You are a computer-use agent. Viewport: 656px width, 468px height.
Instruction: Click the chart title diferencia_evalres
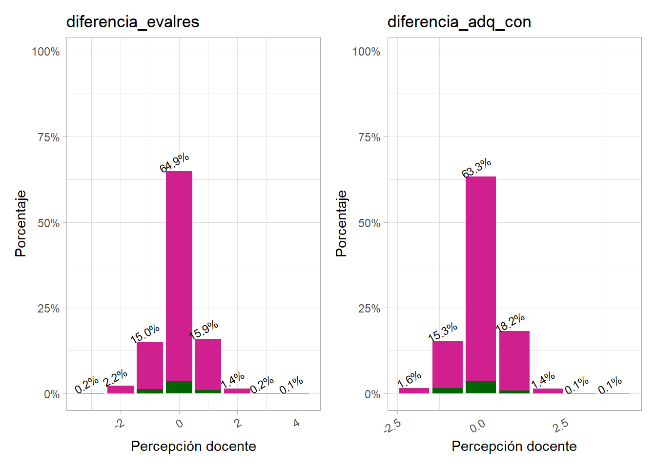tap(133, 22)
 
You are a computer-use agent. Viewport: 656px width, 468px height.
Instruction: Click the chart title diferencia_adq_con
tap(459, 22)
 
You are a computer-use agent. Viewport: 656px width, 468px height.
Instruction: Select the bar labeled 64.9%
tap(179, 273)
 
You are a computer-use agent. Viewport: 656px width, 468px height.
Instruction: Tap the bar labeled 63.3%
tap(481, 278)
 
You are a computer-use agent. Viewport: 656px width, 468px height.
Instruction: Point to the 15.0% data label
tap(145, 332)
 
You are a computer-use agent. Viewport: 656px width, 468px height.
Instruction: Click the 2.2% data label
tap(116, 378)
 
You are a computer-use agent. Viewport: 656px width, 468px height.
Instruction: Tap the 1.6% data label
tap(410, 379)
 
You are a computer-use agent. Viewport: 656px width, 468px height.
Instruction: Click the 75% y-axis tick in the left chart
tap(49, 137)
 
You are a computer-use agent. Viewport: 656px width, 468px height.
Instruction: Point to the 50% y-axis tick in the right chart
tap(369, 223)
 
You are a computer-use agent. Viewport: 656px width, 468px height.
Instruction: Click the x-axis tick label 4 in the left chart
tap(296, 423)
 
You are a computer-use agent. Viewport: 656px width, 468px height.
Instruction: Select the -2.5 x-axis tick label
tap(392, 426)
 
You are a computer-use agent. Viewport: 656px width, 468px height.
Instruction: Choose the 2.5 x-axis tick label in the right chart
tap(561, 426)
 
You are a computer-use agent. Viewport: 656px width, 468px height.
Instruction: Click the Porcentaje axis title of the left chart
tap(20, 223)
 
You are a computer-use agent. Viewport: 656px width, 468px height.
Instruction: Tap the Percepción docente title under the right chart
tap(514, 446)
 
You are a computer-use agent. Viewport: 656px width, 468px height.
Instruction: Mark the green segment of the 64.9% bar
tap(179, 387)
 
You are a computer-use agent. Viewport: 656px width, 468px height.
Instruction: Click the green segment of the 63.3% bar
tap(481, 387)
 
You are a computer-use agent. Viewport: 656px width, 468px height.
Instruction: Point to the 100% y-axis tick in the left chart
tap(46, 52)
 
